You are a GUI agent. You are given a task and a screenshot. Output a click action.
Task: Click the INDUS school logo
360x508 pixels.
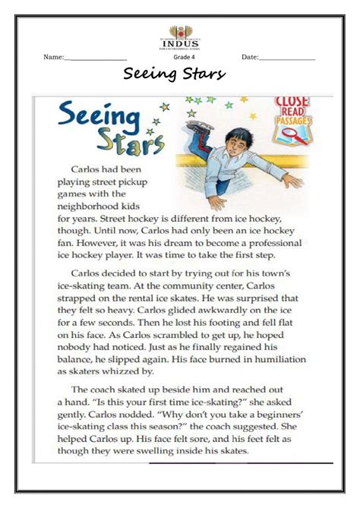[180, 36]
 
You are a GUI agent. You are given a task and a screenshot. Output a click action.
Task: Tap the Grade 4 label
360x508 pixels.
[184, 57]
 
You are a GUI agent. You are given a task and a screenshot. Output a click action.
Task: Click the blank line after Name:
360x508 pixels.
[96, 58]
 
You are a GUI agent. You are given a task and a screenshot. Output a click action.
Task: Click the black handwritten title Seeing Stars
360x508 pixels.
[175, 75]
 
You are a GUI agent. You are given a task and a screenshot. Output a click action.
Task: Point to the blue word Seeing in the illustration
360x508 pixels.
[99, 119]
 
